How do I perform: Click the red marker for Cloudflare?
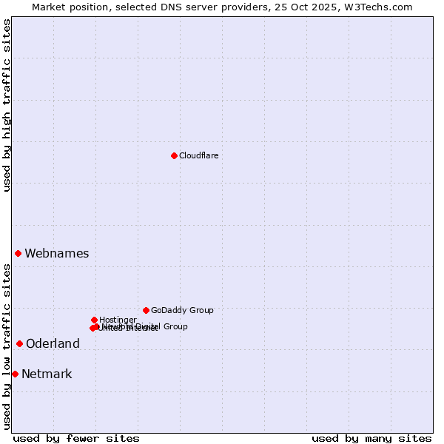click(x=174, y=155)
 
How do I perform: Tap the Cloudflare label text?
click(x=198, y=155)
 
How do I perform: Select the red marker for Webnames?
click(x=18, y=253)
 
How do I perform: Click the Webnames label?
click(x=56, y=253)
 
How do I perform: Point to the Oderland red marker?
click(x=19, y=343)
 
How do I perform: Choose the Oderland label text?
click(x=53, y=343)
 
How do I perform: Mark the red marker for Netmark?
click(x=15, y=374)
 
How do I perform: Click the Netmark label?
click(x=47, y=374)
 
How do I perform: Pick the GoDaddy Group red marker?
click(x=146, y=310)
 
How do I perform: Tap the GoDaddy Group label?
click(x=182, y=310)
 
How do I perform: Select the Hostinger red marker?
click(x=94, y=320)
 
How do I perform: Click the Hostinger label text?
click(x=118, y=320)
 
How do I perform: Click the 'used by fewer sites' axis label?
click(x=76, y=438)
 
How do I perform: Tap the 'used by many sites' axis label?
click(x=371, y=438)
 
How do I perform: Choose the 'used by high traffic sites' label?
click(x=7, y=105)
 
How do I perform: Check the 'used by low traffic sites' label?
click(x=7, y=346)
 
